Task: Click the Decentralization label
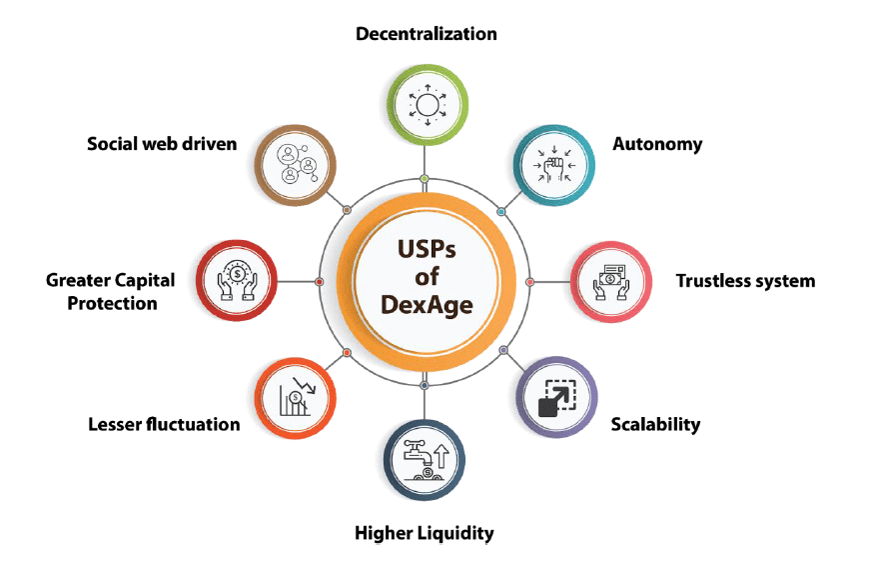(x=427, y=34)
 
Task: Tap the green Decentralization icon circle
(x=428, y=105)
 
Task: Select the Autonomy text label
(x=657, y=144)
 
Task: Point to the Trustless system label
(x=745, y=281)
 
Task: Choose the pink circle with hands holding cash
(x=611, y=282)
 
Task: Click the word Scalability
(x=655, y=425)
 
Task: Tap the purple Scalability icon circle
(x=557, y=397)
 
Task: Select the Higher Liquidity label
(x=425, y=533)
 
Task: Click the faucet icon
(x=426, y=460)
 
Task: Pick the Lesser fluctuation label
(x=164, y=424)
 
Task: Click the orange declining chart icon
(x=296, y=398)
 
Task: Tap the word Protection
(x=112, y=303)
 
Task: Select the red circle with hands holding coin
(x=237, y=281)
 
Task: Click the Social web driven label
(x=162, y=144)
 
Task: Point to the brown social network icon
(x=296, y=165)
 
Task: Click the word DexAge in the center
(x=427, y=305)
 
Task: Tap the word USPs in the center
(x=427, y=249)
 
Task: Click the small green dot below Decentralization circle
(x=425, y=179)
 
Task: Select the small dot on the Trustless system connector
(x=530, y=282)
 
